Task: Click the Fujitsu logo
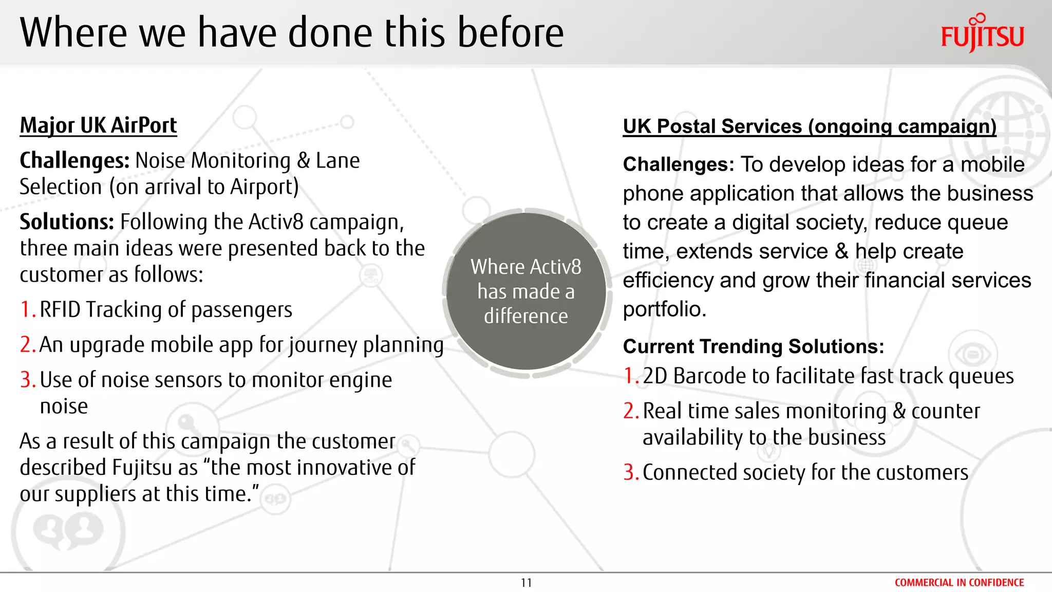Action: tap(982, 34)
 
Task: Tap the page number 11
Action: tap(526, 583)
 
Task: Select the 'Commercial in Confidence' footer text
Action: tap(959, 583)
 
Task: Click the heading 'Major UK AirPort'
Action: tap(98, 126)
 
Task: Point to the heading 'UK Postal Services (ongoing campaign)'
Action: tap(810, 126)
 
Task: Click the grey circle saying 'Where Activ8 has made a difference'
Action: tap(526, 291)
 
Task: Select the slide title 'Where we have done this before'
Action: tap(292, 33)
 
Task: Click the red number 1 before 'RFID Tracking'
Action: tap(27, 310)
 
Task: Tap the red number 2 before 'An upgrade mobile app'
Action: tap(27, 345)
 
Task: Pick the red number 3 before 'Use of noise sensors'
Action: tap(27, 380)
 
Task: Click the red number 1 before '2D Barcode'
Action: tap(630, 376)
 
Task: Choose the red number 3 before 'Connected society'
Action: tap(630, 472)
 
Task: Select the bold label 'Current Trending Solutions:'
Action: tap(754, 346)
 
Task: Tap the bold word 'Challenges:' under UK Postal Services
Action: tap(679, 164)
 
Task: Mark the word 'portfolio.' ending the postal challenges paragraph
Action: tap(665, 309)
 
